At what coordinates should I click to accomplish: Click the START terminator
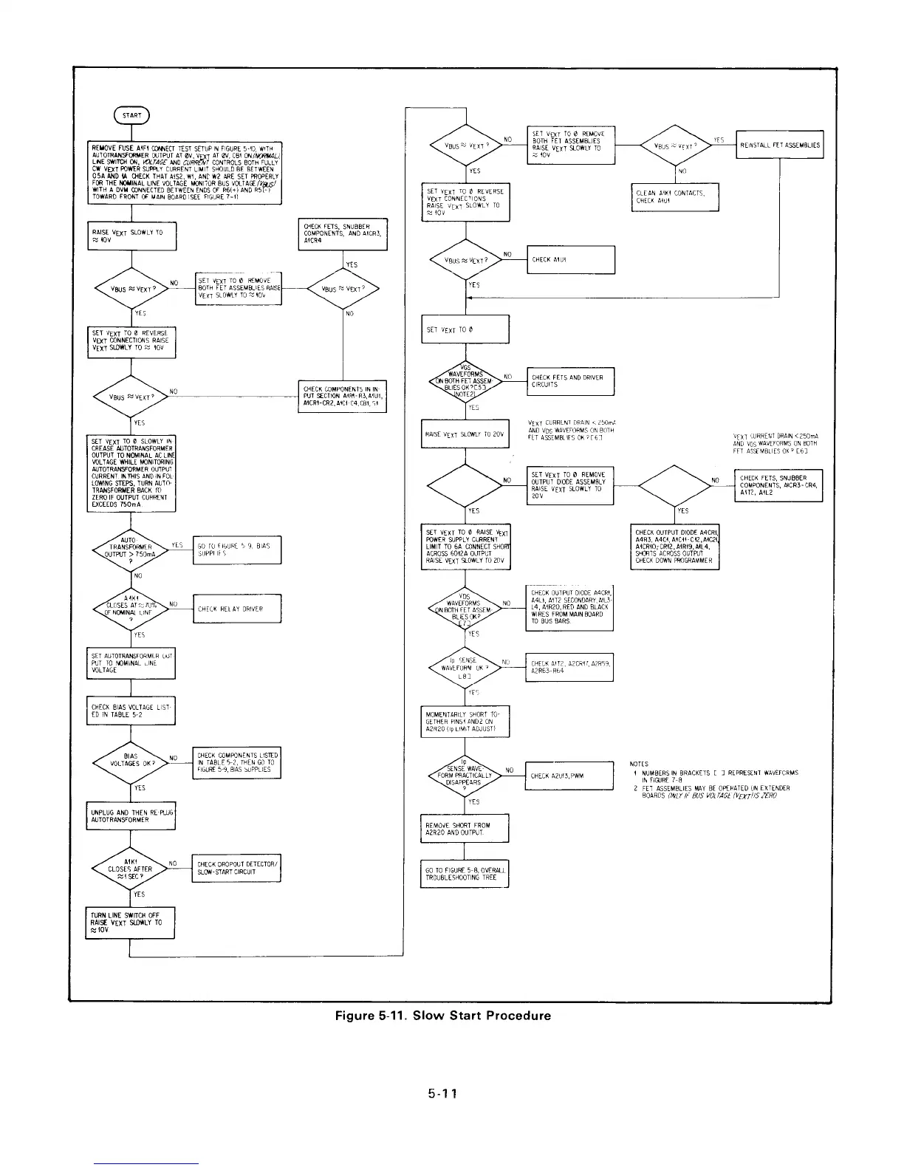click(x=131, y=114)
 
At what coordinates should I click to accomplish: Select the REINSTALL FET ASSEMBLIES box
click(x=779, y=145)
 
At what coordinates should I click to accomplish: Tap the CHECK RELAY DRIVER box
click(x=236, y=609)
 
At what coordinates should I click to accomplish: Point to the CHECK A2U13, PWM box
click(x=569, y=775)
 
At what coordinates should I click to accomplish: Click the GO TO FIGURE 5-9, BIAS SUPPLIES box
click(x=236, y=550)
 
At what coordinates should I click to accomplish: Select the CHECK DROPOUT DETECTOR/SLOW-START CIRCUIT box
click(x=236, y=868)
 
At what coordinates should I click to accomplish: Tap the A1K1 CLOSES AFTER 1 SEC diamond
click(x=131, y=869)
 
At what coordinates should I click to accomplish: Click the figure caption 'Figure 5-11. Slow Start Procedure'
click(x=443, y=1015)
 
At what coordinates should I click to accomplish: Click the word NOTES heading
click(x=639, y=764)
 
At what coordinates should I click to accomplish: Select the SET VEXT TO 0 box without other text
click(x=465, y=329)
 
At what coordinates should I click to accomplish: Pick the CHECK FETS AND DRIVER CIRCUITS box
click(x=569, y=381)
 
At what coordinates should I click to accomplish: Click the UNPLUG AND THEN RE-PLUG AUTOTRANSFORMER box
click(x=131, y=815)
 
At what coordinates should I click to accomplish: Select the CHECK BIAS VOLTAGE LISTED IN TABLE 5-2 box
click(x=131, y=711)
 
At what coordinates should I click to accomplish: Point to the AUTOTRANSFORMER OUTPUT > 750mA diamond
click(x=131, y=550)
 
